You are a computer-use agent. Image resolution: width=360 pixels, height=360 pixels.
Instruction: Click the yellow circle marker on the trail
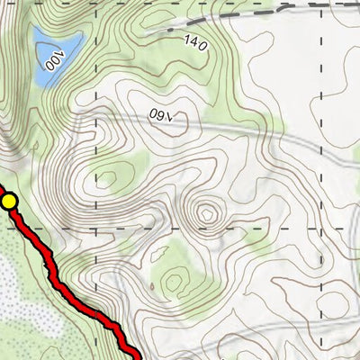click(x=9, y=202)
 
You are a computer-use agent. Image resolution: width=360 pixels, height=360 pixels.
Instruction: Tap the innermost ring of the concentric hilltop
click(x=208, y=214)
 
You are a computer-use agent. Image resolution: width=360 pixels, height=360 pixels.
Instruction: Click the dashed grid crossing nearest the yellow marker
click(x=96, y=228)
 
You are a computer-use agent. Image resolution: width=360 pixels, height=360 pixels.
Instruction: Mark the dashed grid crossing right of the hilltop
click(x=320, y=228)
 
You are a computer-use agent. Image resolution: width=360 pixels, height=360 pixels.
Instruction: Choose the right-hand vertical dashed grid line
click(x=320, y=135)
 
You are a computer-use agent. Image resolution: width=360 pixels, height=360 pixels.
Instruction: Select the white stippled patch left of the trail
click(x=18, y=288)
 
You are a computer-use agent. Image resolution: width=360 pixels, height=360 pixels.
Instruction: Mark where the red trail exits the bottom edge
click(x=138, y=357)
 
